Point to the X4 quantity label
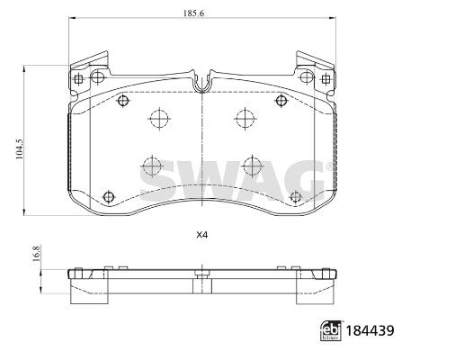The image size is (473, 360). (x=201, y=236)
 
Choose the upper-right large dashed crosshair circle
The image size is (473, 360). (x=243, y=117)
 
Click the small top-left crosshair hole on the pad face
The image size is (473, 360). (x=119, y=102)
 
